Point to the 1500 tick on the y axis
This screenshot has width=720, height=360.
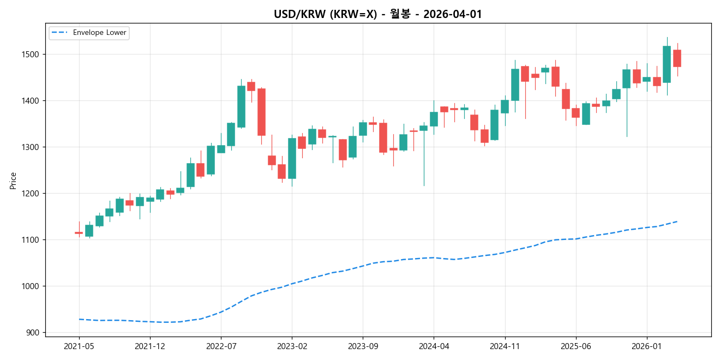click(34, 55)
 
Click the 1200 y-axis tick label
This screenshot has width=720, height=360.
click(34, 194)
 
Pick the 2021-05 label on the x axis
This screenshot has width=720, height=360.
click(79, 346)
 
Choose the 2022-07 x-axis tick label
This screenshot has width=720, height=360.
click(221, 346)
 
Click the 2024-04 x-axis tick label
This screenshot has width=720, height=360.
click(434, 346)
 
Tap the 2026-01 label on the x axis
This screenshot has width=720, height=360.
click(646, 346)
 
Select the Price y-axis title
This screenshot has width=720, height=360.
click(13, 180)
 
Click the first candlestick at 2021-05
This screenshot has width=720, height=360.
click(79, 232)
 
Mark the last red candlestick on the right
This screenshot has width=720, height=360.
click(677, 58)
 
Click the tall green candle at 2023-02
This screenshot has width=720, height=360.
click(292, 158)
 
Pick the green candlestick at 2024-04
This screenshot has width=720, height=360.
click(434, 119)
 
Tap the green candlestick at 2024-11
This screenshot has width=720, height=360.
click(505, 106)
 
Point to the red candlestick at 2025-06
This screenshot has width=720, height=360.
click(575, 113)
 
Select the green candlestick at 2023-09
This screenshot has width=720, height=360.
click(363, 129)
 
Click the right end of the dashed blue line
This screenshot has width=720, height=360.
click(677, 221)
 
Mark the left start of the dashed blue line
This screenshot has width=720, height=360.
click(79, 319)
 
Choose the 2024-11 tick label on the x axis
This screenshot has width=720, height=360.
click(505, 346)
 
